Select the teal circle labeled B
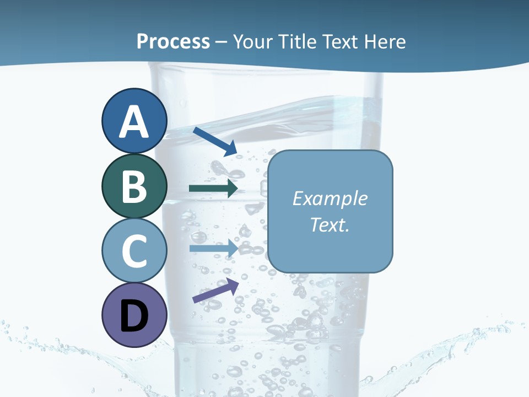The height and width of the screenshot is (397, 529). (x=134, y=186)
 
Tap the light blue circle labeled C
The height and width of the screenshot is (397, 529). (x=134, y=250)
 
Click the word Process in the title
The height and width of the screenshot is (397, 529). (x=173, y=41)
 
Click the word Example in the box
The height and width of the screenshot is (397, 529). (x=330, y=198)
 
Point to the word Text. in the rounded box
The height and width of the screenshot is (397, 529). (x=330, y=224)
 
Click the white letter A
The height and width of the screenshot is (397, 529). (x=134, y=122)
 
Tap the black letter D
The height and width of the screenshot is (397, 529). (x=134, y=316)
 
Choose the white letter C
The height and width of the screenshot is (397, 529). (x=134, y=251)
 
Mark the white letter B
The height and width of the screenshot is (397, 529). (x=134, y=186)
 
